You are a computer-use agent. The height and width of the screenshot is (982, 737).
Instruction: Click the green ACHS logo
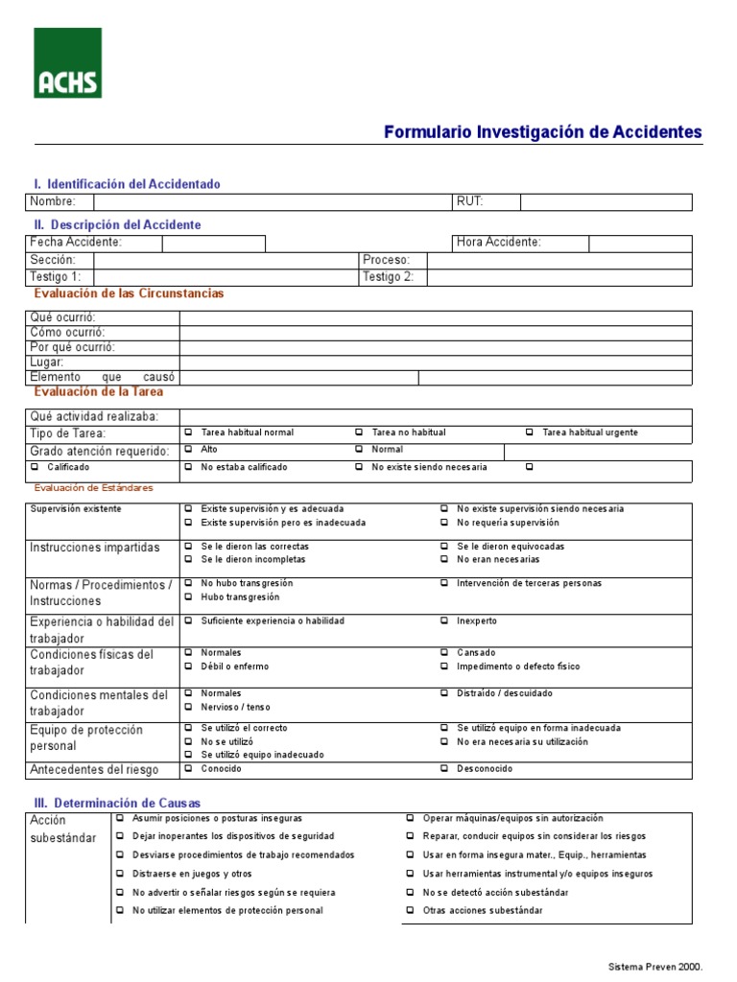(68, 62)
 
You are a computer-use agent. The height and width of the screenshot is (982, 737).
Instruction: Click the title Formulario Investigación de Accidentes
(542, 132)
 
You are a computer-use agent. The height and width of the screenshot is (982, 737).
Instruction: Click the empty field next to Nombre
(273, 201)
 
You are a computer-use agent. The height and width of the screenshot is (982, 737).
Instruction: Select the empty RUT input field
(606, 201)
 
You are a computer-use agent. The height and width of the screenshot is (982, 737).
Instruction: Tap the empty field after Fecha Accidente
(213, 243)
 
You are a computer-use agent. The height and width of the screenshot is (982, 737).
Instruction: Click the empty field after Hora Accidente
(639, 243)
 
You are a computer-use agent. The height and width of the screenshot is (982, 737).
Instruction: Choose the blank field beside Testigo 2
(559, 277)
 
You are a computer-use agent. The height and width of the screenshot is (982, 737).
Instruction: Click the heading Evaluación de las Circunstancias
(129, 293)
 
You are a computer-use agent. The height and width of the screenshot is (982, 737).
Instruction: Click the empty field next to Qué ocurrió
(435, 318)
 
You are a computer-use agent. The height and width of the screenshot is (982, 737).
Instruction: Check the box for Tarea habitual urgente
(532, 433)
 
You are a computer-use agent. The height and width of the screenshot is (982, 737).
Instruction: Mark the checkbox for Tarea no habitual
(360, 433)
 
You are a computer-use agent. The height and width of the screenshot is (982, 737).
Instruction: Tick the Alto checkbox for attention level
(189, 449)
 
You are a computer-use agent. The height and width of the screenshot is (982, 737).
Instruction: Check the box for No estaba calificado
(189, 467)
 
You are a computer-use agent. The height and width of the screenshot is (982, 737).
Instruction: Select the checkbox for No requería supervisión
(445, 523)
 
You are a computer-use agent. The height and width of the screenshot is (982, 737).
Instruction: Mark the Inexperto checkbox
(445, 620)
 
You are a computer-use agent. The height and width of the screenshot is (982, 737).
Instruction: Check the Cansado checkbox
(445, 653)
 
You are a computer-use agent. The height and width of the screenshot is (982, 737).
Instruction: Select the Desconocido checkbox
(445, 768)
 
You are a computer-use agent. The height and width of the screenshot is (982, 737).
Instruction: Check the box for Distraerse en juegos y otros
(121, 874)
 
